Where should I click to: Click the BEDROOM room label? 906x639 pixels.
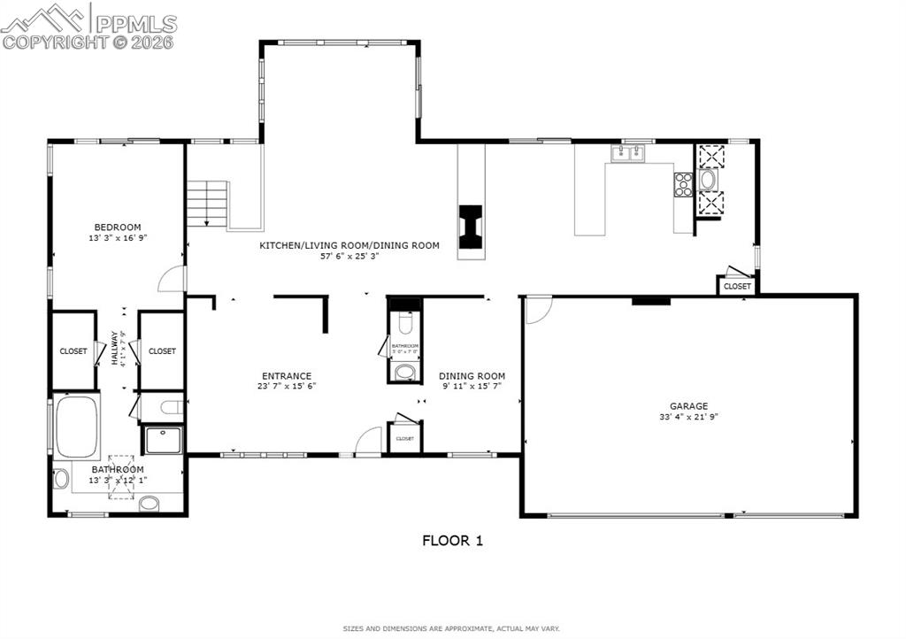[118, 227]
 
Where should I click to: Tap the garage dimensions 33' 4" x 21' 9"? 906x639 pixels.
[688, 417]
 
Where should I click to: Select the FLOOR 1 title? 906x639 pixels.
[452, 541]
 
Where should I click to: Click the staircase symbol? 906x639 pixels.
[208, 204]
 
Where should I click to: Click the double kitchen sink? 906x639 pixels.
[627, 153]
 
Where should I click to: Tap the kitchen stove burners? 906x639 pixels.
[683, 184]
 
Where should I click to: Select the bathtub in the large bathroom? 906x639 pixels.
[76, 426]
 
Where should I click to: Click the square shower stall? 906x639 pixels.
[163, 440]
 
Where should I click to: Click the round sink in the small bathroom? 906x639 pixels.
[404, 371]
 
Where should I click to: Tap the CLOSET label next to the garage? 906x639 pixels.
[737, 287]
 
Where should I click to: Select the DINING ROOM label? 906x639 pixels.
[472, 376]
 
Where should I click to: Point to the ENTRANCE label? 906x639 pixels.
[286, 376]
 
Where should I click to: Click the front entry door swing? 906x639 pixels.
[368, 441]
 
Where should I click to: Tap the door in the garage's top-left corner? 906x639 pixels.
[537, 309]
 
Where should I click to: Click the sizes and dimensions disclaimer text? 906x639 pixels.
[451, 628]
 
